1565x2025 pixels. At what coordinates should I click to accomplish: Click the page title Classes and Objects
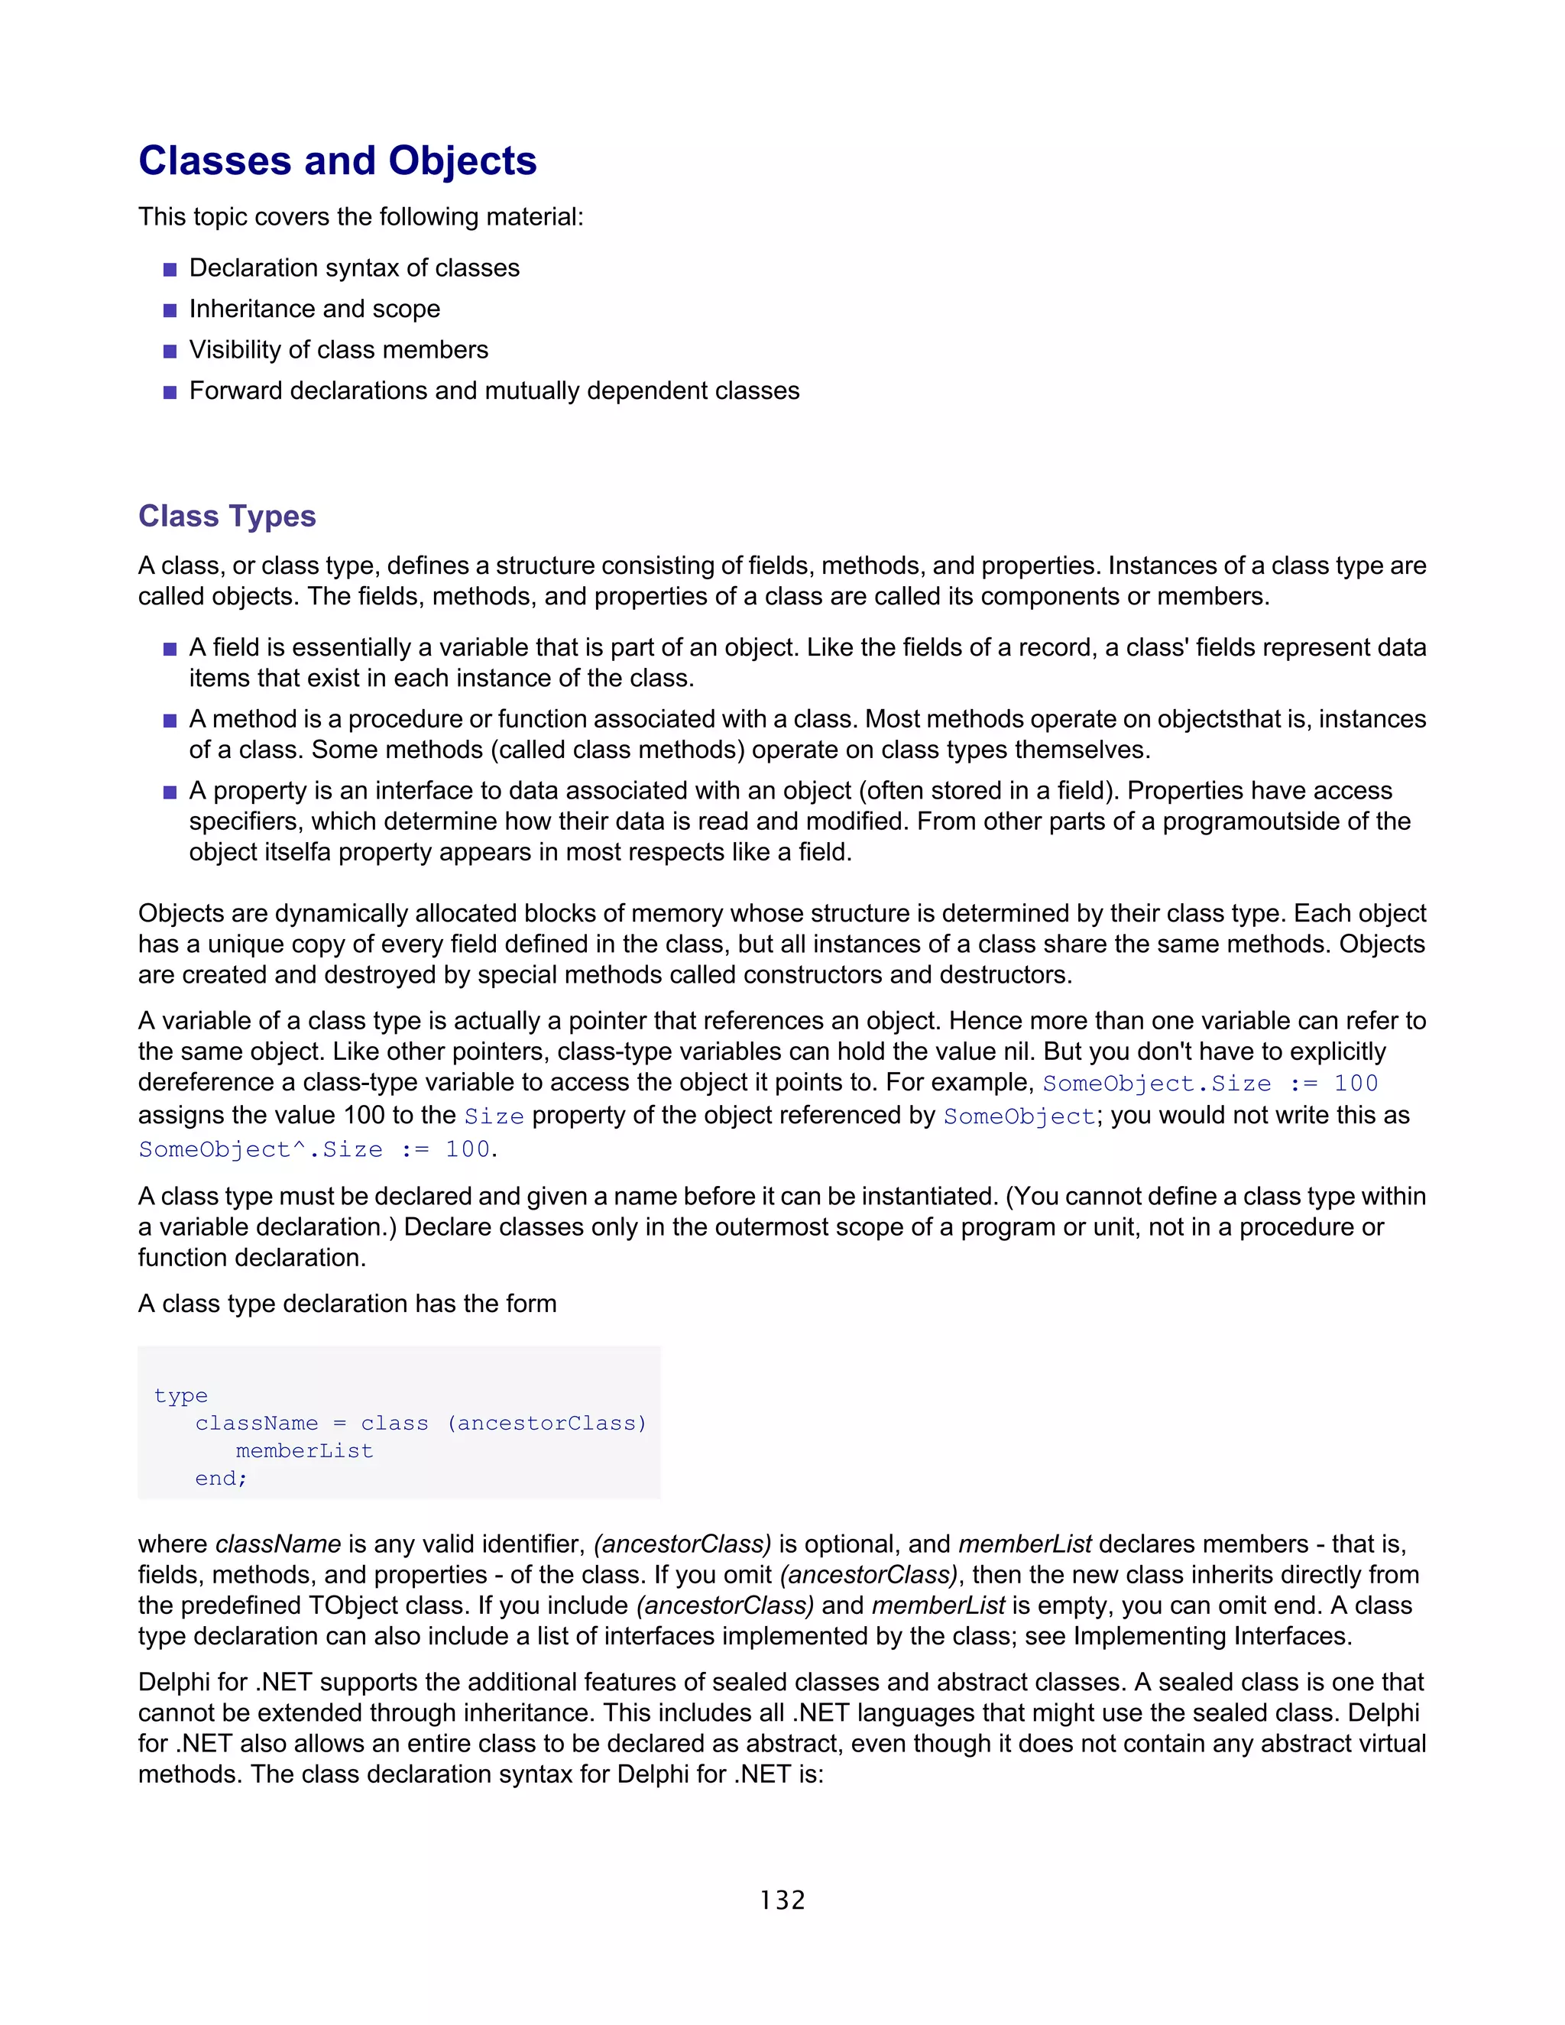[338, 160]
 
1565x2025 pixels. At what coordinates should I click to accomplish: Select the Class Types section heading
[227, 516]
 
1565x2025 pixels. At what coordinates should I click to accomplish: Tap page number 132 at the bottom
[782, 1900]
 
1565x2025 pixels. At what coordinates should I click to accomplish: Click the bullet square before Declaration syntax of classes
[170, 270]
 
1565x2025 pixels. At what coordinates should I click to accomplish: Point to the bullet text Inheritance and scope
[314, 309]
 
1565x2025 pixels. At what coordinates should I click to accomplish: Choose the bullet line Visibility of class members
[339, 349]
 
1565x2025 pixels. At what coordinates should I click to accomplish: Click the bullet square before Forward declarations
[170, 392]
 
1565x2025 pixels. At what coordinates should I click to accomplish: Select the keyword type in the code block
[181, 1395]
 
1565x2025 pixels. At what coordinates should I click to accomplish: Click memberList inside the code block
[304, 1450]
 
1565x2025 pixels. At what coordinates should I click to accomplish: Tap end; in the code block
[221, 1478]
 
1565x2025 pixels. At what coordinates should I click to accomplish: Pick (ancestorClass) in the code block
[546, 1424]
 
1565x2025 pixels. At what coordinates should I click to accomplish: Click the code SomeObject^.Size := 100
[316, 1150]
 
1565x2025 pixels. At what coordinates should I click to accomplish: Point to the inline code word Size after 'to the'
[493, 1116]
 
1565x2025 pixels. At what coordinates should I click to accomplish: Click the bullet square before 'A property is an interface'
[170, 792]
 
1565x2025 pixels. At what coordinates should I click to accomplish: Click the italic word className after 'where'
[278, 1544]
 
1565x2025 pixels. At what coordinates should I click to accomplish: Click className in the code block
[256, 1424]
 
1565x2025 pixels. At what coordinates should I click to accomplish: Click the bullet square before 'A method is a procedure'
[170, 721]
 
